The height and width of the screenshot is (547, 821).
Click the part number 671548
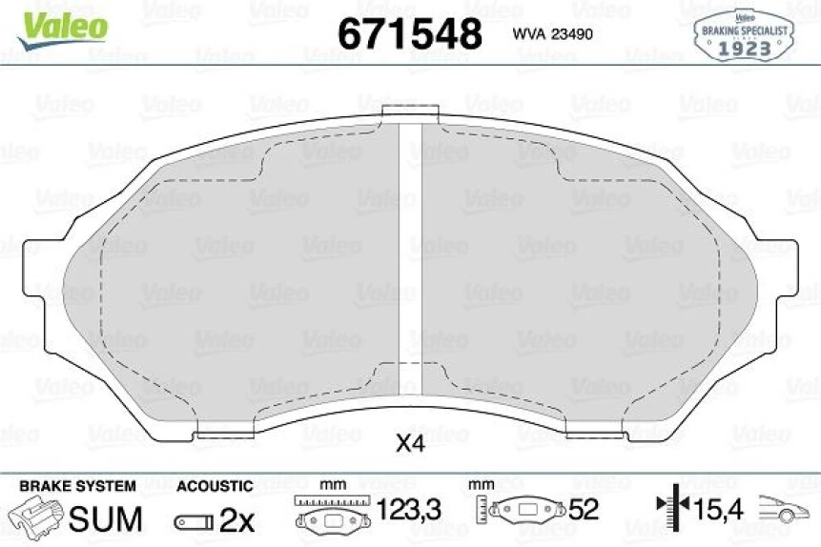tap(411, 33)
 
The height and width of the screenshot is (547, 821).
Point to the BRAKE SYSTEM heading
tap(77, 486)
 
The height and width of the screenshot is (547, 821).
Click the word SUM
tap(107, 519)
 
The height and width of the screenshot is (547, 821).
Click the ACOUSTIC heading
tap(214, 486)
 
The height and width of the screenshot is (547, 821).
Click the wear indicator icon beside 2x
tap(193, 521)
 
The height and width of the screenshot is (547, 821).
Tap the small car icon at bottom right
tap(780, 512)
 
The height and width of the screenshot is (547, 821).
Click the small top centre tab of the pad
tap(409, 113)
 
